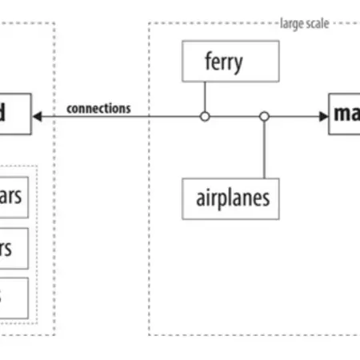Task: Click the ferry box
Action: pyautogui.click(x=230, y=62)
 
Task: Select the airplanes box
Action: pyautogui.click(x=231, y=198)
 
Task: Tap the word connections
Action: pyautogui.click(x=99, y=108)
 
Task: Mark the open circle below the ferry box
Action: pyautogui.click(x=205, y=117)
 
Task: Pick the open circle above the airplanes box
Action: pyautogui.click(x=264, y=117)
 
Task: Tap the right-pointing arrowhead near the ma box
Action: pyautogui.click(x=322, y=117)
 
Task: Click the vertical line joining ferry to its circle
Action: pyautogui.click(x=205, y=96)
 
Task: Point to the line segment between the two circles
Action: pyautogui.click(x=234, y=117)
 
